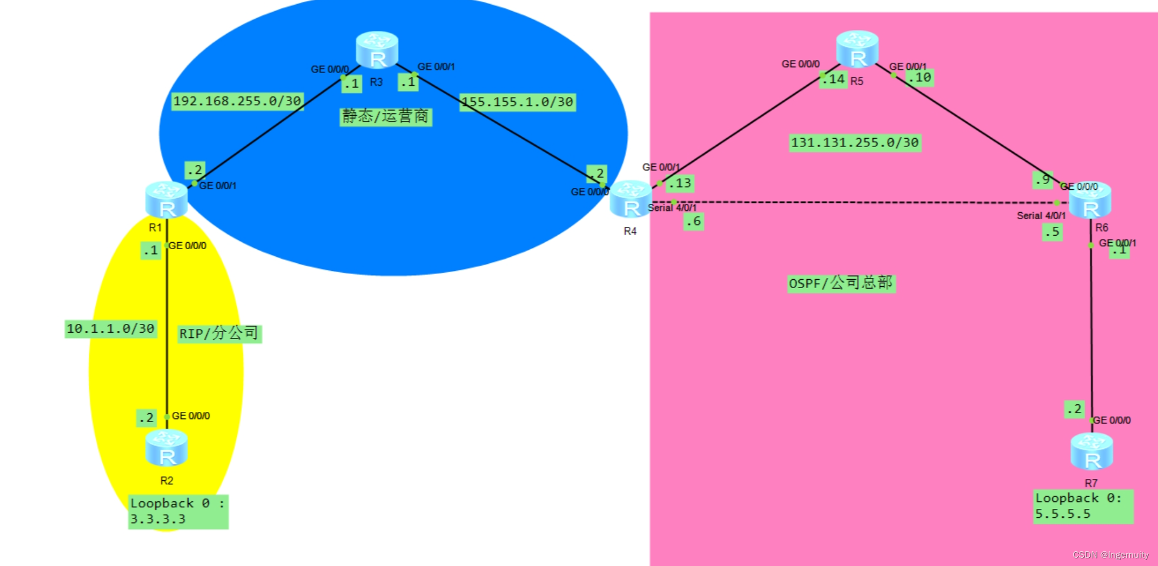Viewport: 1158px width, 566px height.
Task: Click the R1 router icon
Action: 166,200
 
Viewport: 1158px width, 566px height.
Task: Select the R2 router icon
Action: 166,448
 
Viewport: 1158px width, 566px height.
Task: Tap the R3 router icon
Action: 377,50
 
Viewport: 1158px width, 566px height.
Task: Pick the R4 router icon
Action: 630,199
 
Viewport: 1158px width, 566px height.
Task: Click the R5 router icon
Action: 857,49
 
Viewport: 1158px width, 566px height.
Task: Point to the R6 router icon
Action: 1090,200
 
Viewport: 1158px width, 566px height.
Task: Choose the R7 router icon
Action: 1092,451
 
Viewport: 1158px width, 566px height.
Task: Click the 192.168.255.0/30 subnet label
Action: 237,101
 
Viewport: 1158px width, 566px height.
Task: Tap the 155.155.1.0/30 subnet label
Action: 517,102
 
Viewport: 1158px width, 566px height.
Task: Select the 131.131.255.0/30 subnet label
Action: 855,143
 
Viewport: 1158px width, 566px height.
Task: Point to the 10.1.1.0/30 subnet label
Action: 110,329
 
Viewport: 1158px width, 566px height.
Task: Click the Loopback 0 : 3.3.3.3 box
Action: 178,511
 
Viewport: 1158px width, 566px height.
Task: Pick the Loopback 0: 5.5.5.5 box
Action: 1083,506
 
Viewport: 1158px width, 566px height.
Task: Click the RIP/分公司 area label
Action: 219,334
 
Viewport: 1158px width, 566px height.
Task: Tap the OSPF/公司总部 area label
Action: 841,283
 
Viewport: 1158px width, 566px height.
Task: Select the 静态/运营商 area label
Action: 386,116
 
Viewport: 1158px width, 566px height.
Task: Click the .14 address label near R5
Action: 834,79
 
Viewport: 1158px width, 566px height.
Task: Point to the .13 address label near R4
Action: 680,183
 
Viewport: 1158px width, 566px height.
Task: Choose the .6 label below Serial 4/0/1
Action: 693,222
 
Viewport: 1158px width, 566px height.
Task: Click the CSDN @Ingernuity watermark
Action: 1110,555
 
